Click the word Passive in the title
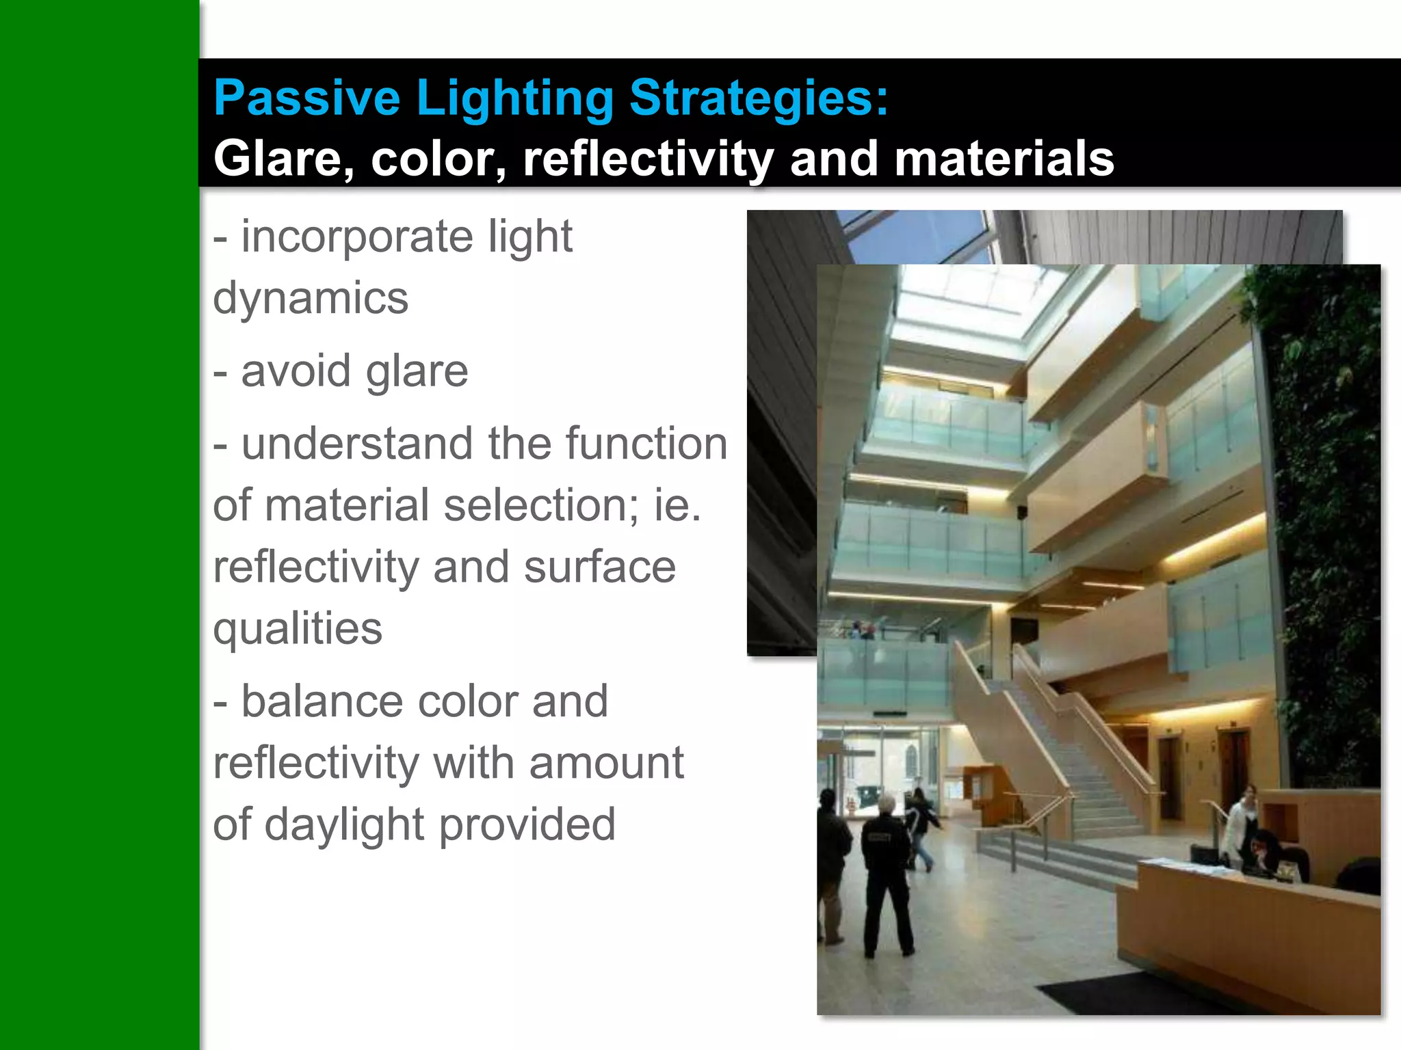[x=306, y=98]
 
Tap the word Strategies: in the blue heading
[x=758, y=98]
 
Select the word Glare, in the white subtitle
[x=284, y=159]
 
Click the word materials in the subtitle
[x=1004, y=159]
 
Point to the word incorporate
[x=357, y=237]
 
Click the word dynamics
[x=311, y=299]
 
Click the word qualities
[x=298, y=628]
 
